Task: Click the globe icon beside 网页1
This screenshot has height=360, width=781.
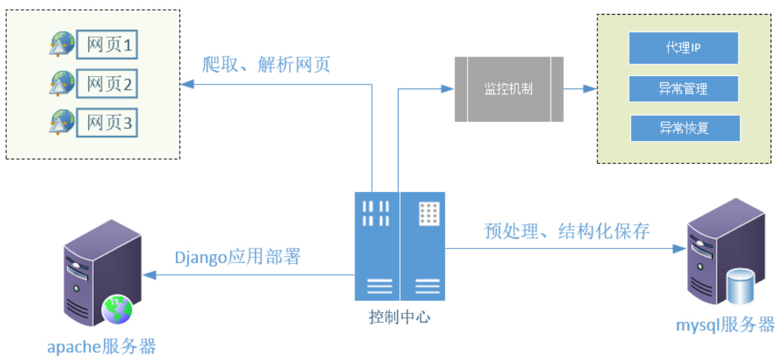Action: coord(62,44)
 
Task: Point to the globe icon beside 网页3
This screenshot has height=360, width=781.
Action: coord(62,122)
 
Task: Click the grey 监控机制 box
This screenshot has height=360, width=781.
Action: coord(509,89)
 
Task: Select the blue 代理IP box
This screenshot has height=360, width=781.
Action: coord(683,47)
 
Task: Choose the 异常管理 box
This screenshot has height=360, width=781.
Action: coord(683,89)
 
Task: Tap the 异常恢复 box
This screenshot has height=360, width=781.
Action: coord(684,128)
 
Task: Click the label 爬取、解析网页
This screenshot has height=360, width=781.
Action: coord(266,65)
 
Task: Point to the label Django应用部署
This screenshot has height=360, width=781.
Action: coord(237,257)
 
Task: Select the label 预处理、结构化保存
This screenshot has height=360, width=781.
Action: coord(567,231)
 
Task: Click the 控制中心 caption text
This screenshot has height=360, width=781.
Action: coord(399,317)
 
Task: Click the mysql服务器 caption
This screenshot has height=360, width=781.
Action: coord(725,324)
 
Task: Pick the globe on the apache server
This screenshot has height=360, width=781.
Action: coord(117,310)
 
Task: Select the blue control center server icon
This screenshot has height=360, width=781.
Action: coord(399,245)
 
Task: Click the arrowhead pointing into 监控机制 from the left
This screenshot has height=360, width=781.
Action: coord(449,89)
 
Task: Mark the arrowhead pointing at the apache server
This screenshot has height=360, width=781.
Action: coord(146,275)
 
